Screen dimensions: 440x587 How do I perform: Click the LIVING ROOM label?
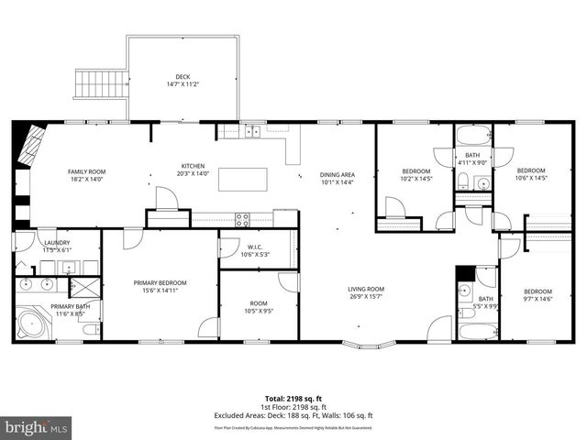click(x=365, y=290)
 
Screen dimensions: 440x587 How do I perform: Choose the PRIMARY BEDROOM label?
click(x=161, y=282)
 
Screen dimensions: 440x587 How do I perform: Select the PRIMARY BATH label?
click(x=70, y=307)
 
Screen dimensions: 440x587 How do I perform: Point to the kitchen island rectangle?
click(x=243, y=178)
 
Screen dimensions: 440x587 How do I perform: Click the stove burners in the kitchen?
click(x=243, y=218)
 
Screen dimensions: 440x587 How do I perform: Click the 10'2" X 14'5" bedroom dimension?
click(x=416, y=180)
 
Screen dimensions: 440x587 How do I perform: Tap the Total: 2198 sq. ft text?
click(x=293, y=398)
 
